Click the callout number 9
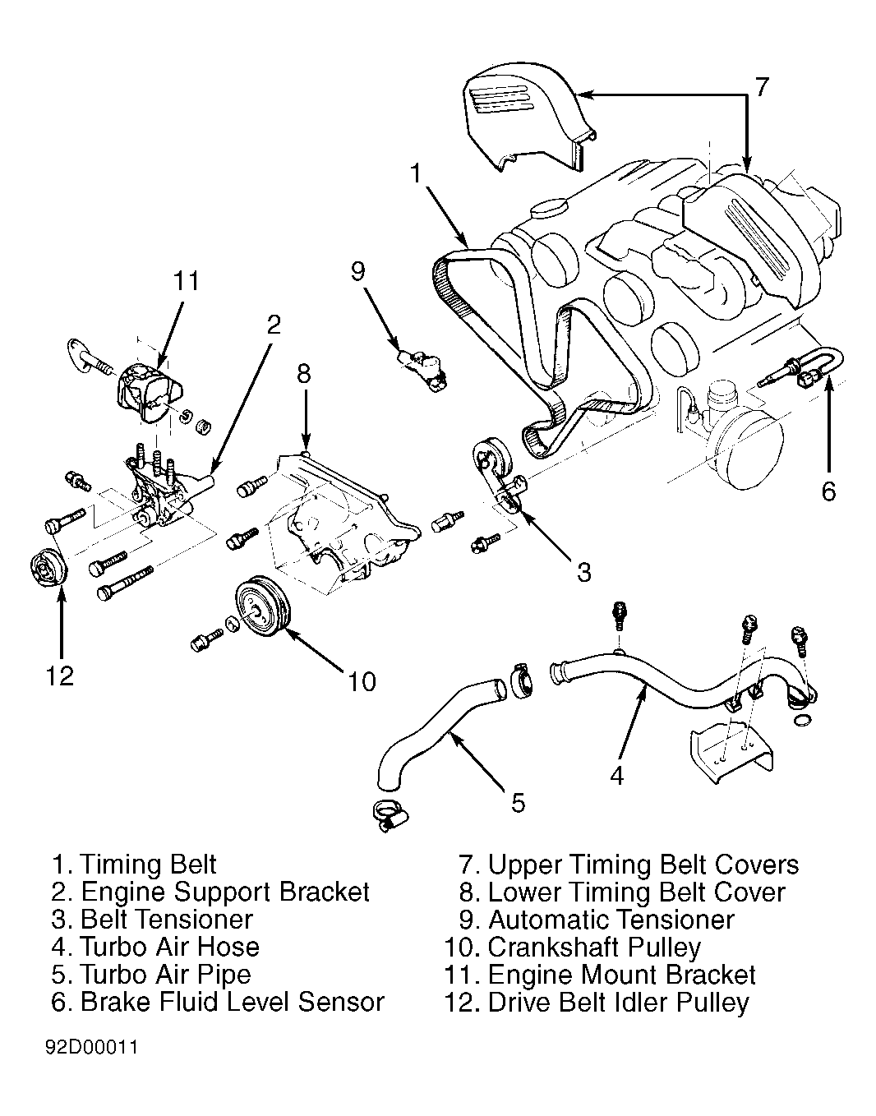358,271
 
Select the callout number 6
828,491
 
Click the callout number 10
362,680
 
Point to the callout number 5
518,802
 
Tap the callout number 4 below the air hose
617,774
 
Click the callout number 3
583,572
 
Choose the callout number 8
304,374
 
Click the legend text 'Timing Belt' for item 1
149,865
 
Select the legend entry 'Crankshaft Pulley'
594,947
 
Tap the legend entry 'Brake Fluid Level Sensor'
233,1002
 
